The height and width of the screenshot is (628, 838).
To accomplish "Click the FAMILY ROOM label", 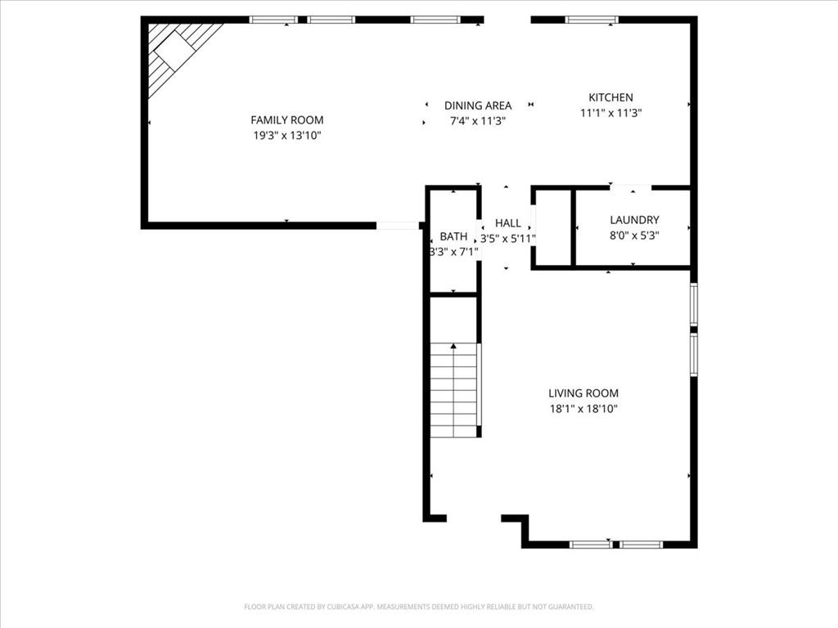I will (286, 120).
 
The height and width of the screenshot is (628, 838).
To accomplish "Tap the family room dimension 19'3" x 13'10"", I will (286, 136).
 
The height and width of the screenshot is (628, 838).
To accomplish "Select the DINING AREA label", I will (478, 105).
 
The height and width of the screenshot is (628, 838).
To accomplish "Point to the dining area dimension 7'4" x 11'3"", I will (478, 121).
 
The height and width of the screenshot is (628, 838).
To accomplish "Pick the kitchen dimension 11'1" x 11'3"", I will (610, 114).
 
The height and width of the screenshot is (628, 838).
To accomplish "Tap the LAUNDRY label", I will (634, 220).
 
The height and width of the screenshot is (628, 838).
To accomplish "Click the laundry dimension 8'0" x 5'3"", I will (634, 235).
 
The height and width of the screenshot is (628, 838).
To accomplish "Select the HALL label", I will (507, 223).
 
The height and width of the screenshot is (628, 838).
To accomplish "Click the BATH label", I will (453, 236).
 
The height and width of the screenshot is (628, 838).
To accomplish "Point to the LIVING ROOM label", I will (583, 393).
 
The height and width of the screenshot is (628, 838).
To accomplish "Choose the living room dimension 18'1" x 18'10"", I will (583, 409).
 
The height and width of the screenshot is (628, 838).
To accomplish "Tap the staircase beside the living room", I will (453, 391).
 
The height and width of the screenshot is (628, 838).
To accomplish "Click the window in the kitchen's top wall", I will (592, 20).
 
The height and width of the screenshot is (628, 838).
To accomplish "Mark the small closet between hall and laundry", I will (552, 228).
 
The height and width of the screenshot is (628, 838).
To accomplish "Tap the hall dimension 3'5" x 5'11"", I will (507, 239).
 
